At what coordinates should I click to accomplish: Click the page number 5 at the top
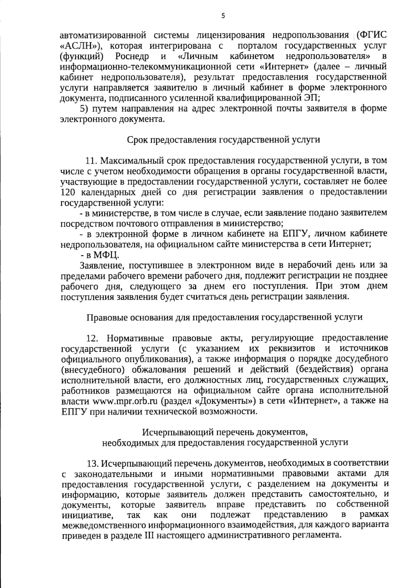[x=223, y=16]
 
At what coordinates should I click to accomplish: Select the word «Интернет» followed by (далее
[x=280, y=66]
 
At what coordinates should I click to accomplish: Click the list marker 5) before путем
[x=85, y=108]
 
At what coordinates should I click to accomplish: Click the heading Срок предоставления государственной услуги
[x=223, y=140]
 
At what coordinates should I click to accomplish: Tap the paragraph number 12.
[x=92, y=338]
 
